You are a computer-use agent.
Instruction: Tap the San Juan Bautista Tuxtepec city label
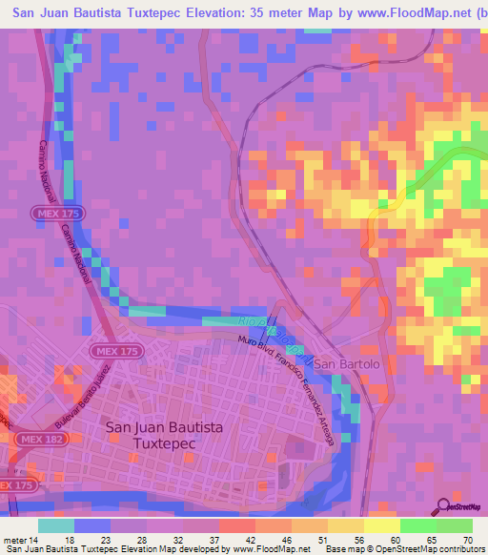(x=166, y=437)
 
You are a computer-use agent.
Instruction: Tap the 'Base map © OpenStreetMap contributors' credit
(x=419, y=549)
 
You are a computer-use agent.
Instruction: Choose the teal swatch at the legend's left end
(x=56, y=525)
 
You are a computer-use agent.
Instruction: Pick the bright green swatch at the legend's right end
(x=455, y=525)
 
